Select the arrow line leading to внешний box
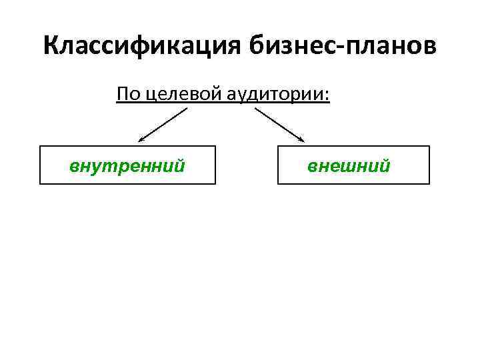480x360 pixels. (x=279, y=124)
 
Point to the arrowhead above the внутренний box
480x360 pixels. (x=141, y=139)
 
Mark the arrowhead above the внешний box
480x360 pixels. (x=301, y=139)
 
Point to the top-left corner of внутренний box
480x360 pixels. (x=40, y=146)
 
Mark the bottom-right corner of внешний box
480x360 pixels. (x=429, y=183)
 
